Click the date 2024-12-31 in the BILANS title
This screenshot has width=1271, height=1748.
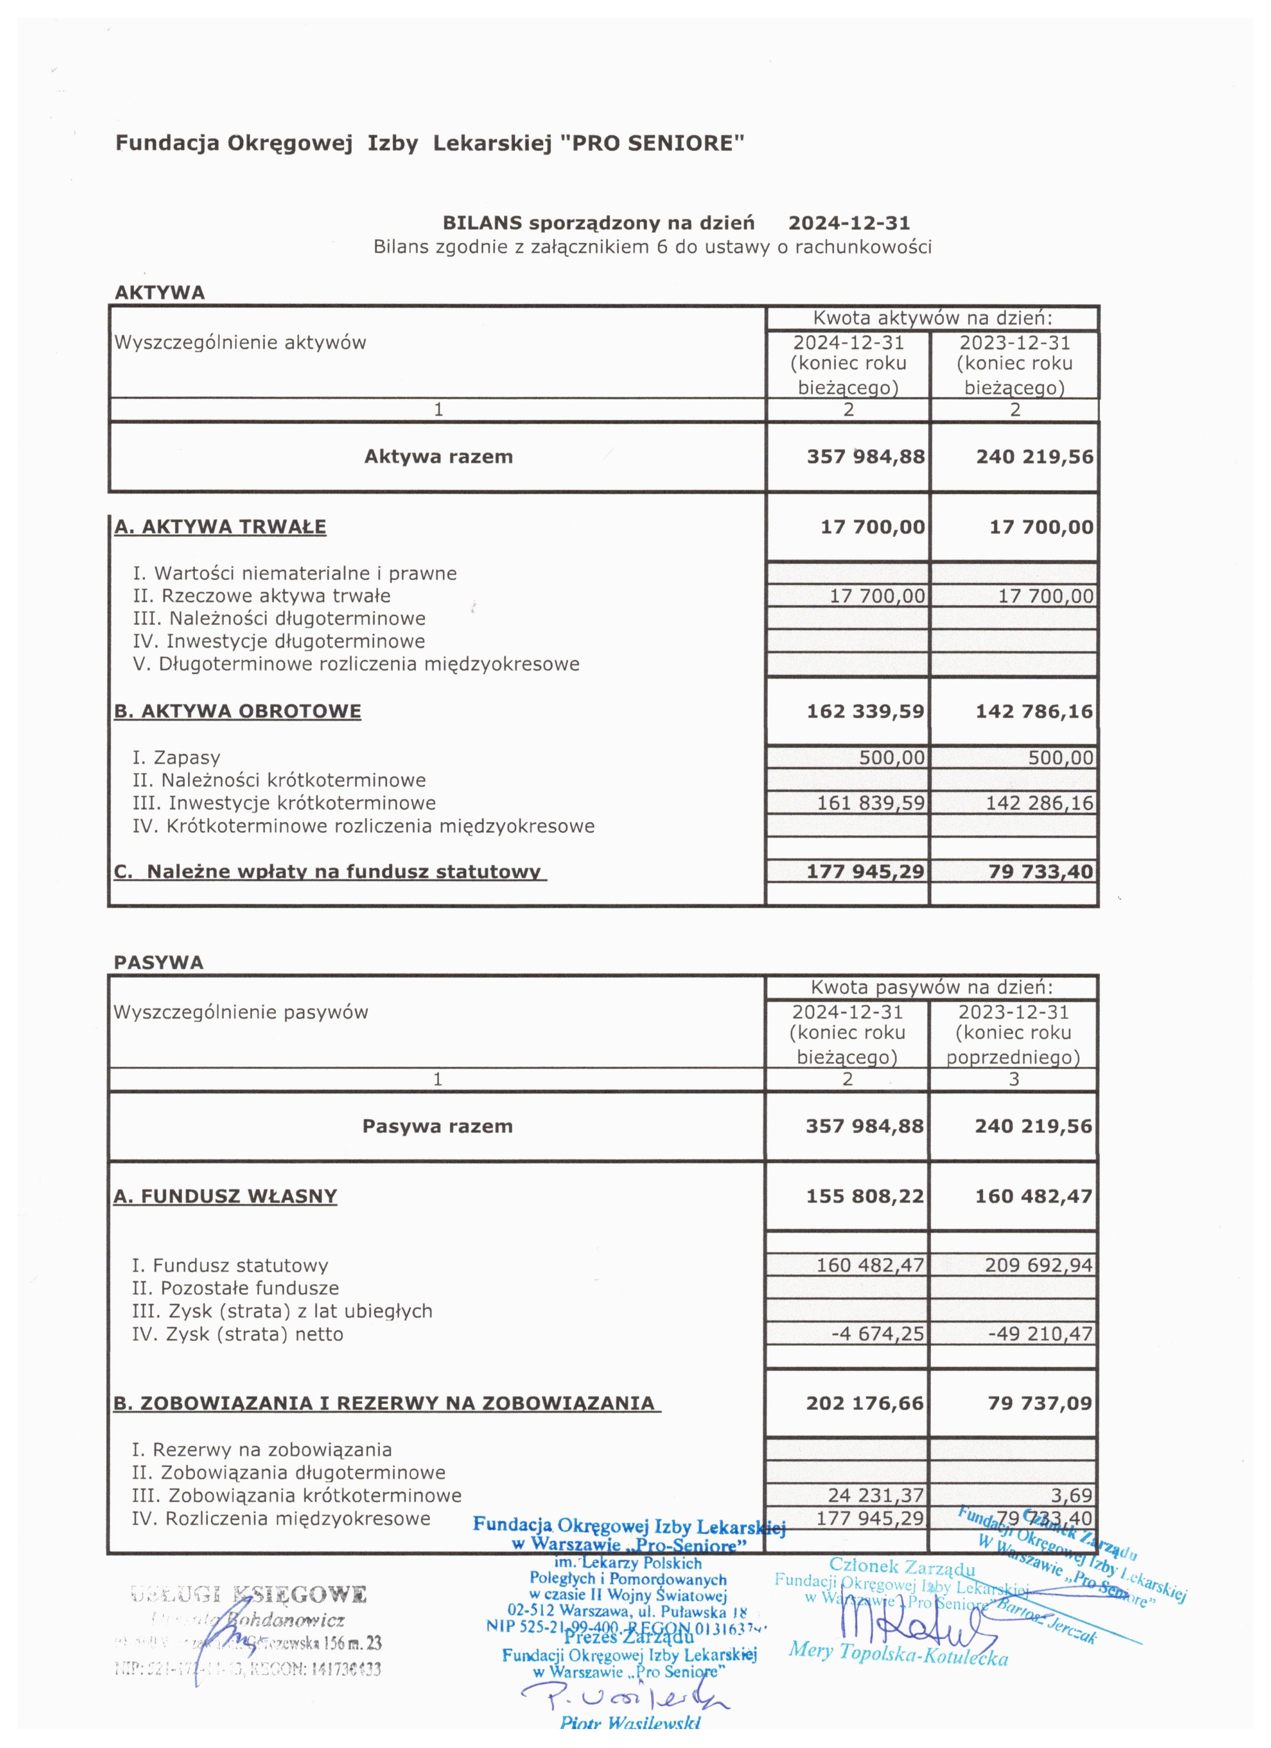click(849, 223)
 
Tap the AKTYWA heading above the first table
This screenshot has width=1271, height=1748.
click(159, 293)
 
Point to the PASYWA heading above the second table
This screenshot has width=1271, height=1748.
click(159, 962)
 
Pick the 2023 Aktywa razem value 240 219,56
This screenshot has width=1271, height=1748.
click(1034, 457)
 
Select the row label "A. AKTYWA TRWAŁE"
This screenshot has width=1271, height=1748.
click(220, 527)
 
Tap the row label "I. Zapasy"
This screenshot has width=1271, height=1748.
click(176, 758)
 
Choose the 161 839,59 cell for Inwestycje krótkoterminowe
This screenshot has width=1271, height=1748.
click(870, 803)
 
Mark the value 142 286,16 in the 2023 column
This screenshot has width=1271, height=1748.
click(1039, 803)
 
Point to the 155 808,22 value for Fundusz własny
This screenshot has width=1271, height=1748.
click(865, 1196)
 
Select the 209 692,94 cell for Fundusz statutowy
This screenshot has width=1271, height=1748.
click(1038, 1265)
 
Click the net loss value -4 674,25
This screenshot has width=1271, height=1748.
click(877, 1333)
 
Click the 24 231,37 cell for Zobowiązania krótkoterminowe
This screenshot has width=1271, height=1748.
click(876, 1495)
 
